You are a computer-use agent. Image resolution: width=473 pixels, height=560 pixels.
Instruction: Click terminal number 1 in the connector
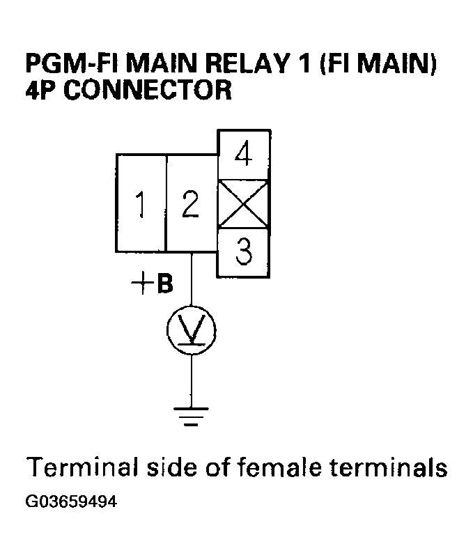141,204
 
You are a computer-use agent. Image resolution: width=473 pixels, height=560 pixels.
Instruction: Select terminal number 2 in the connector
191,204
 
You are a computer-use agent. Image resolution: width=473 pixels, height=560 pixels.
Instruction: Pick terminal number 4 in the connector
244,155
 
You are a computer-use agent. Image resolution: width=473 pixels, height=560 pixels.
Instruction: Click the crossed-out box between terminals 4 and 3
244,204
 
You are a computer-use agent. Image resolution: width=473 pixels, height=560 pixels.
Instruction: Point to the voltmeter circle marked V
192,330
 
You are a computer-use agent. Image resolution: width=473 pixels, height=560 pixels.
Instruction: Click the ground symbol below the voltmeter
192,416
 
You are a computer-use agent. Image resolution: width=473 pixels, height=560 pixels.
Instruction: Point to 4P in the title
41,91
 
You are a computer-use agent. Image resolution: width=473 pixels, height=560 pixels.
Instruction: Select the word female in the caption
277,467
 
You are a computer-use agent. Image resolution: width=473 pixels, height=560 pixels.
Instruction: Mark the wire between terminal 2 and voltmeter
192,279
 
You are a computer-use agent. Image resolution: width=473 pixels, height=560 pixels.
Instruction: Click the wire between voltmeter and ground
192,380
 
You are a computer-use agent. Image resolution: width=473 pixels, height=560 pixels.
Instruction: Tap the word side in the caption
164,467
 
